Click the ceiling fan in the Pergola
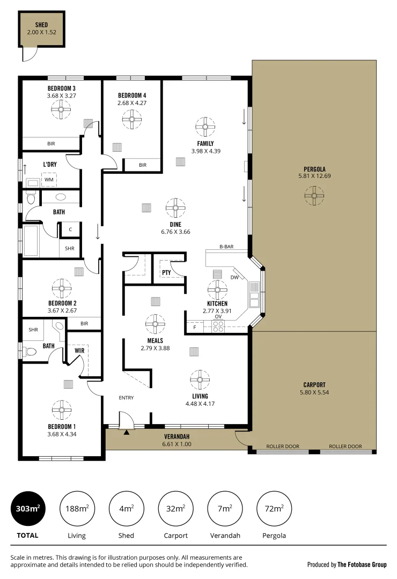point(314,195)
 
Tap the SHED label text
point(41,25)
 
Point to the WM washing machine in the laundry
point(49,180)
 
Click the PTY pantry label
point(166,273)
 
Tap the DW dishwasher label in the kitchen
point(234,277)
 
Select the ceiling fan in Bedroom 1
point(62,411)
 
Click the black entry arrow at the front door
point(127,432)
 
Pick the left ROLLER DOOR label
point(283,446)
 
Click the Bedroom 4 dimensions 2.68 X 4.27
point(132,103)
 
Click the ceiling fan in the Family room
point(205,128)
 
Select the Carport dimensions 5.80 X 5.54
point(314,392)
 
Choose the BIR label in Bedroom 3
point(51,144)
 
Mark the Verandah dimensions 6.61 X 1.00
point(177,444)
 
